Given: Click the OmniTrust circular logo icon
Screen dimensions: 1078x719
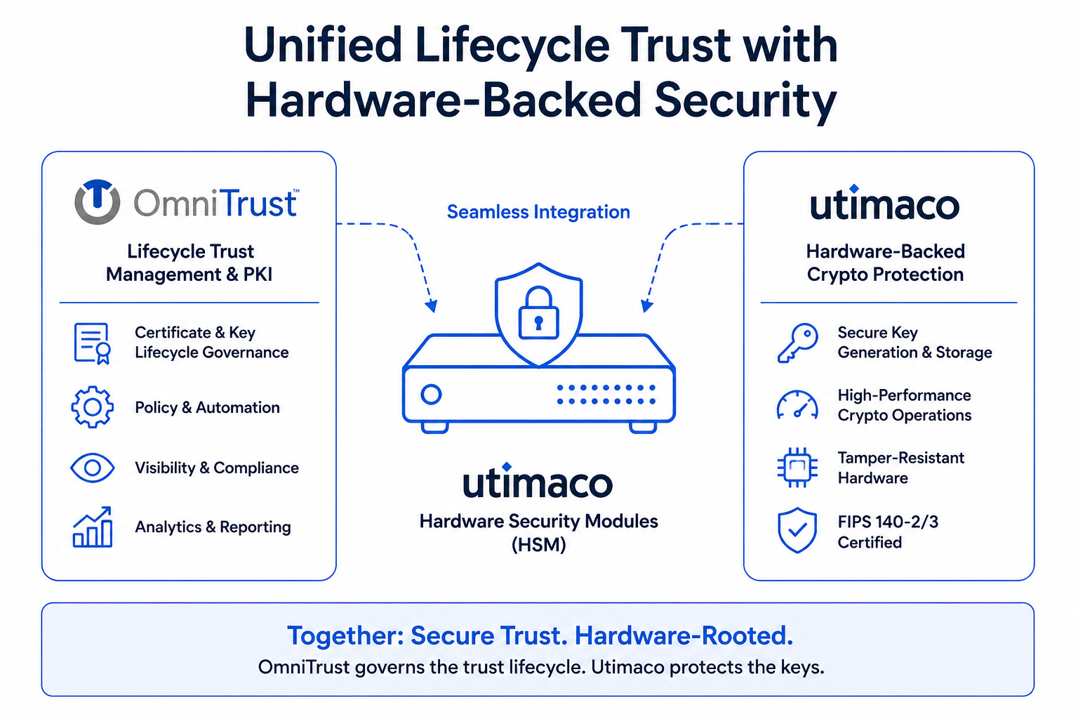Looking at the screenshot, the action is click(x=98, y=202).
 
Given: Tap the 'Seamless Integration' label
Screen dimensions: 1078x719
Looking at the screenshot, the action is click(x=538, y=212).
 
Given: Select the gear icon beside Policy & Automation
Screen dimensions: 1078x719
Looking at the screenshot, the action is click(x=93, y=407).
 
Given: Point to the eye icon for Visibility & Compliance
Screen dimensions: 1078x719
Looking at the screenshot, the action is click(x=93, y=468).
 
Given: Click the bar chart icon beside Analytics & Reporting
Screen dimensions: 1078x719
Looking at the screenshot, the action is click(x=93, y=527).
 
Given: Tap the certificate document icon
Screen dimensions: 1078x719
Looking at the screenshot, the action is click(x=93, y=343).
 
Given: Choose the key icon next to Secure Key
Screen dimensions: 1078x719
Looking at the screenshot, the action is click(x=797, y=343).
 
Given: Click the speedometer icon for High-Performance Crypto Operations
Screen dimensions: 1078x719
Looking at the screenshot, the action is click(x=797, y=404).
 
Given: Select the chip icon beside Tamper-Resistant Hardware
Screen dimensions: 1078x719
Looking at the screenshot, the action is click(x=797, y=467).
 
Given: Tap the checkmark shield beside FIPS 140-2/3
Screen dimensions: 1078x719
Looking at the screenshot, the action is click(x=797, y=529).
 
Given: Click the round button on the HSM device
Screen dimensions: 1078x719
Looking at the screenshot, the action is click(x=431, y=395).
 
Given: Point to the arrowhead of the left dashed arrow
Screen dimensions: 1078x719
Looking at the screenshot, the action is click(x=432, y=306).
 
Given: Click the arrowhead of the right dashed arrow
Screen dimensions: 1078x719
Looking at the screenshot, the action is click(x=646, y=306).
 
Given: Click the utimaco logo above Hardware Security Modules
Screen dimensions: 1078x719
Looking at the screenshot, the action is click(x=538, y=480).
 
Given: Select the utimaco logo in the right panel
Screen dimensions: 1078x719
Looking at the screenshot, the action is click(x=884, y=202).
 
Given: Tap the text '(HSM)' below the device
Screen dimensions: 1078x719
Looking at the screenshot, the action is click(x=538, y=545).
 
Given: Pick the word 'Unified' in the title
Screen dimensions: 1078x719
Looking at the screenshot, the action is click(x=324, y=45).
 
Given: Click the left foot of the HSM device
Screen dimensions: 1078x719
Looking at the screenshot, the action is click(x=435, y=427).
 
